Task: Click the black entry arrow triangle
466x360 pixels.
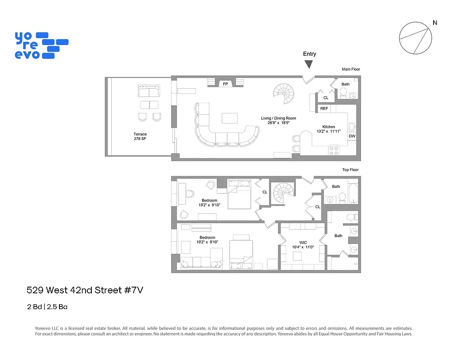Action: pyautogui.click(x=309, y=64)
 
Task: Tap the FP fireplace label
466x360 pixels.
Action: pyautogui.click(x=225, y=84)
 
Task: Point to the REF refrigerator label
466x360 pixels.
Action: pyautogui.click(x=324, y=108)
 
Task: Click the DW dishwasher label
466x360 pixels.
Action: pyautogui.click(x=352, y=136)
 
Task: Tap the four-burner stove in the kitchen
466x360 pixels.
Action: pyautogui.click(x=334, y=150)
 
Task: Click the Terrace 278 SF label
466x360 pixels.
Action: pyautogui.click(x=140, y=136)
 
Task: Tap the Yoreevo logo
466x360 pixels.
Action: pyautogui.click(x=41, y=45)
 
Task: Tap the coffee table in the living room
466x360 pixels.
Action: pyautogui.click(x=230, y=118)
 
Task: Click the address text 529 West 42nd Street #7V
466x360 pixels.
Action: pyautogui.click(x=85, y=290)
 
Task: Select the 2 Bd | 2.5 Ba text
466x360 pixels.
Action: pyautogui.click(x=47, y=307)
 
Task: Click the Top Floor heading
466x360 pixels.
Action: pyautogui.click(x=350, y=170)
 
